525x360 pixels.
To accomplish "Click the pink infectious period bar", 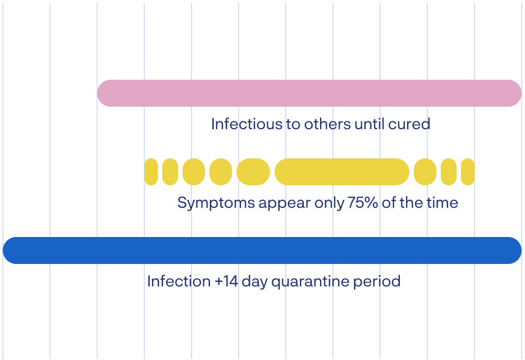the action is pos(309,93).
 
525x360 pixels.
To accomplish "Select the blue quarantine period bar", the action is pos(262,250).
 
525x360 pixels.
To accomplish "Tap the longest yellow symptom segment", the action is pos(342,172).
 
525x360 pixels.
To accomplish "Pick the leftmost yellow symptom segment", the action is pos(151,172).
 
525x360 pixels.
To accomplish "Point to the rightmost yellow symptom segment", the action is pos(468,172).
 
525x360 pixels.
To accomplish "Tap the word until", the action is pos(369,124).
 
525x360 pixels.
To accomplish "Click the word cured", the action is pos(409,124).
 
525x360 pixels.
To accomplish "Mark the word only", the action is pos(329,203).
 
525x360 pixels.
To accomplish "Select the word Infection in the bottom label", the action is pos(179,281).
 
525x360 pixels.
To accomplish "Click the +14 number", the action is pos(226,281).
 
